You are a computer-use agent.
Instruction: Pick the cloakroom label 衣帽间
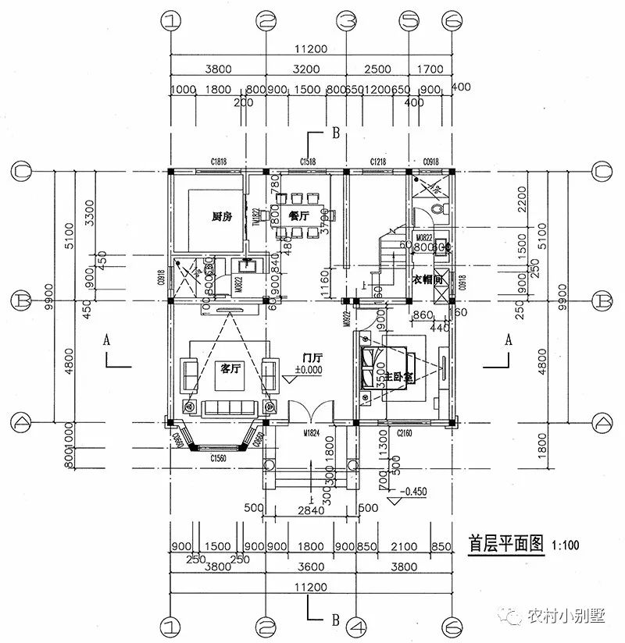(428, 278)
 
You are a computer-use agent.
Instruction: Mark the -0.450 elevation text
(414, 492)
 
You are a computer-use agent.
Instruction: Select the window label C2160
(404, 431)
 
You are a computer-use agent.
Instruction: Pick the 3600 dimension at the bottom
(310, 567)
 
